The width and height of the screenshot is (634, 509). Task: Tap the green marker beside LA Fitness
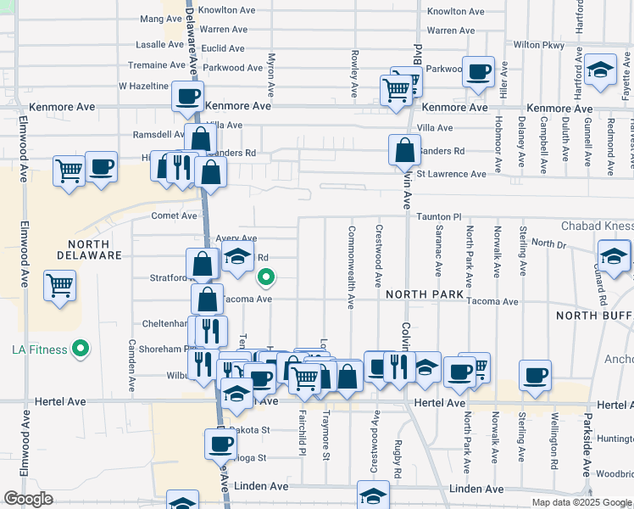(81, 349)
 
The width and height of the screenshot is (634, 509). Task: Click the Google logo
(29, 499)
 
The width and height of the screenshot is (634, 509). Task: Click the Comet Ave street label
(174, 216)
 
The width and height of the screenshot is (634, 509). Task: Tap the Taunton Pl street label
(438, 217)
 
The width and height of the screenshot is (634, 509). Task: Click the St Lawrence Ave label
(451, 174)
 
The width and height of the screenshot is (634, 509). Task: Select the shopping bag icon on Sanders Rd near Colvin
(405, 150)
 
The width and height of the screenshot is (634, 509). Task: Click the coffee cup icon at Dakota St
(220, 443)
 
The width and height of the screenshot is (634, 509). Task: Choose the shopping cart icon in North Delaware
(59, 285)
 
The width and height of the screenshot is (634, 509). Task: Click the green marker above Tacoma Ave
(266, 277)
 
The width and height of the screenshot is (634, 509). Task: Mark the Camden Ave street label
(131, 365)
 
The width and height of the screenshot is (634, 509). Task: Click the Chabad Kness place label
(597, 226)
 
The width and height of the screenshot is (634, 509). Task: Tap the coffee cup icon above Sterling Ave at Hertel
(535, 374)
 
